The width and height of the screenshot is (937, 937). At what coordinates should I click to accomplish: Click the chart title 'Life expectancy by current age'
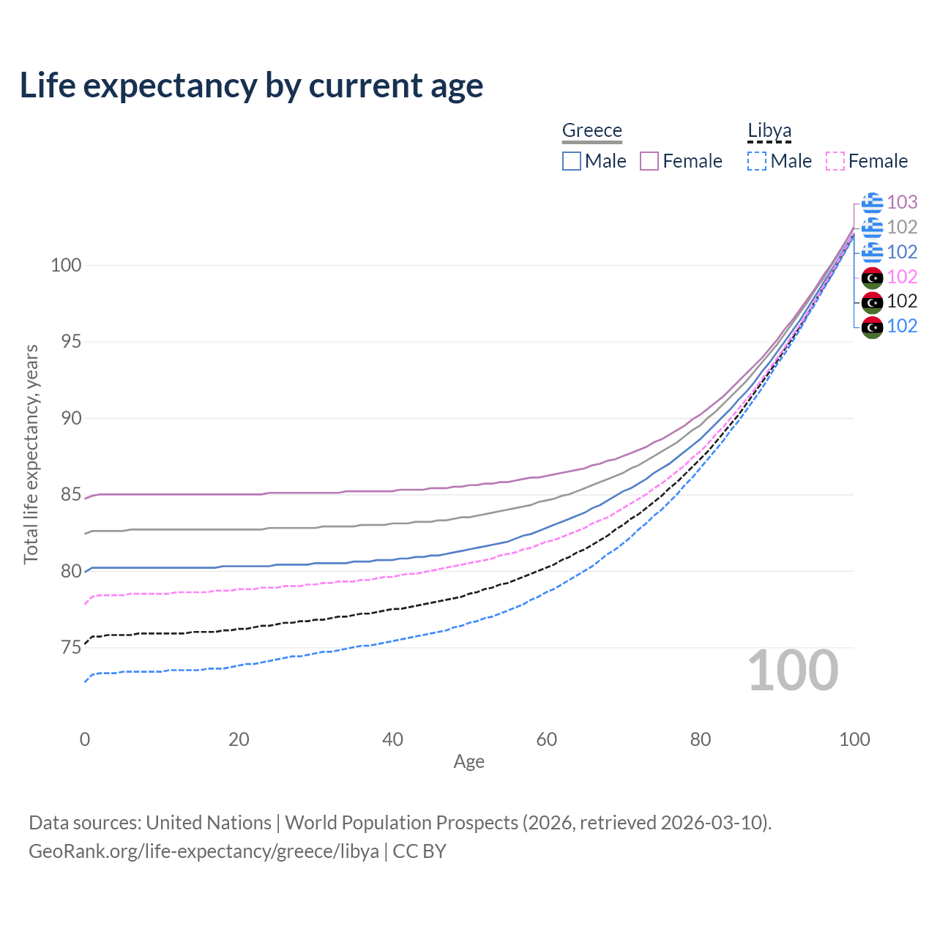(x=251, y=86)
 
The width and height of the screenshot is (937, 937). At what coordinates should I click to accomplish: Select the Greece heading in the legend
(x=591, y=130)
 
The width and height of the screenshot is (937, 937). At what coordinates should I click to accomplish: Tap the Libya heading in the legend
(x=769, y=130)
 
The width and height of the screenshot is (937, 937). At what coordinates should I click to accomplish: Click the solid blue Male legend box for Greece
(x=572, y=161)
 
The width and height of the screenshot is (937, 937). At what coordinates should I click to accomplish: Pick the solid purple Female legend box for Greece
(x=649, y=161)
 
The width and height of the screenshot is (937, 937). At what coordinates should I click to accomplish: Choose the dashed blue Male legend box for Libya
(x=757, y=161)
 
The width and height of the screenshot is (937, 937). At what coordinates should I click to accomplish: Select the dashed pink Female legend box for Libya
(x=835, y=161)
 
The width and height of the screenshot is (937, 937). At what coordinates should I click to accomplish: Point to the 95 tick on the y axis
(x=66, y=342)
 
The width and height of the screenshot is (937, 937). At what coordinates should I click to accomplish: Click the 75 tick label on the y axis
(x=66, y=648)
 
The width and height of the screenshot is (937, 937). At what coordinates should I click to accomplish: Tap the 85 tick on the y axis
(x=66, y=495)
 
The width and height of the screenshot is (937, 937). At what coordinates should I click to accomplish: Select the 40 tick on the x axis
(x=392, y=739)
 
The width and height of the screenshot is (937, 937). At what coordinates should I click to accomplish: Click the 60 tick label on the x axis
(x=546, y=739)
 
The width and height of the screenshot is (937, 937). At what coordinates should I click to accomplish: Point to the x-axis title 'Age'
(x=468, y=762)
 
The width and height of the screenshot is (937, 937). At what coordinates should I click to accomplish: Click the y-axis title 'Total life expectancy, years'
(x=31, y=454)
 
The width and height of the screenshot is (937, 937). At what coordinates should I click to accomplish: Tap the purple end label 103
(x=902, y=202)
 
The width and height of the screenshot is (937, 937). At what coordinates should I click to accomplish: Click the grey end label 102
(x=902, y=227)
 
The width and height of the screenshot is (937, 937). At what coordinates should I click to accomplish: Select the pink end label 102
(x=902, y=277)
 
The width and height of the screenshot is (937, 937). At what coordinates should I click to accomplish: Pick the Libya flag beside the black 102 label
(x=872, y=302)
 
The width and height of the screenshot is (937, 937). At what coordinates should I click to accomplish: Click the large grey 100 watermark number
(x=793, y=671)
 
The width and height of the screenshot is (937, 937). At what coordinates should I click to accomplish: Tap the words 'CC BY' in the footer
(x=419, y=851)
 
